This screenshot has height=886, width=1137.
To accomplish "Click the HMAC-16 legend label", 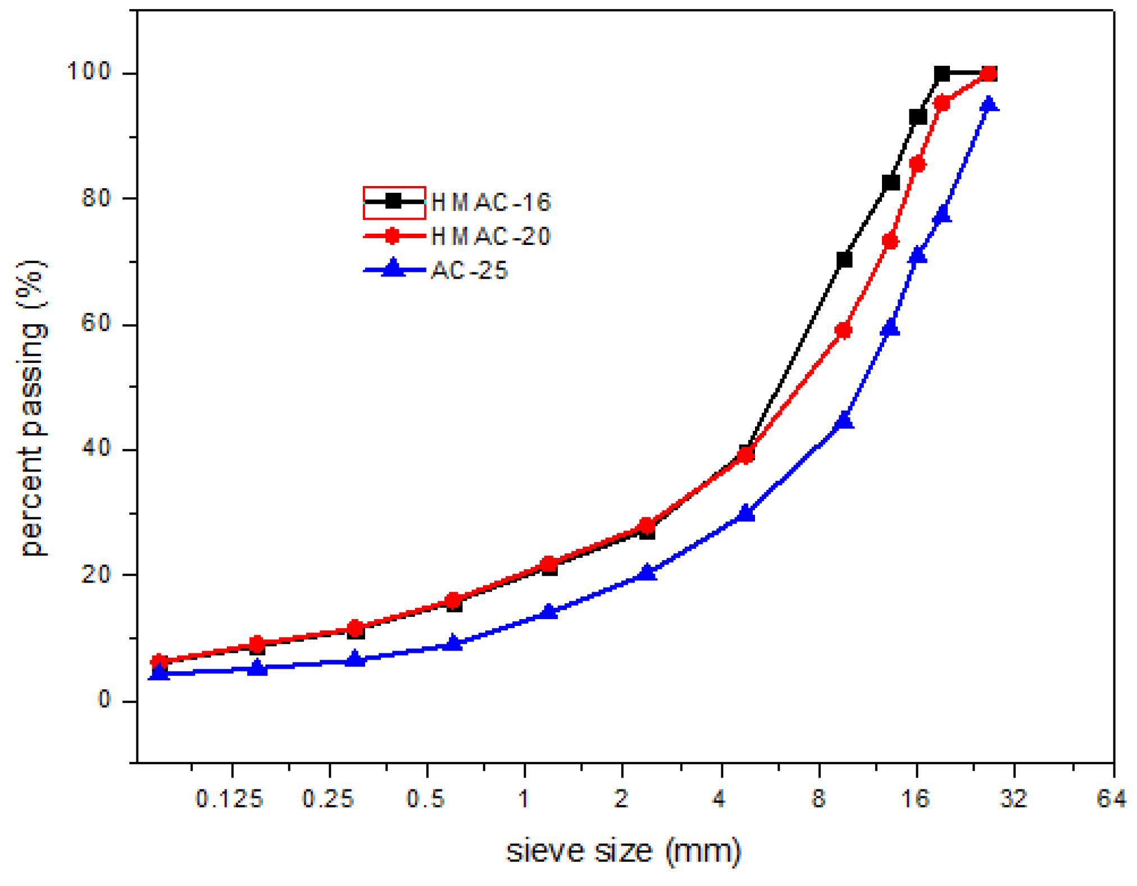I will point(491,203).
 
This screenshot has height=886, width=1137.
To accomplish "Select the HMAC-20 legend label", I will point(491,237).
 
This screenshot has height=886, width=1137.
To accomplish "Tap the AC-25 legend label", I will point(470,271).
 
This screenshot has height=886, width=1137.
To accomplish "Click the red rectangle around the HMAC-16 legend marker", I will point(394,202).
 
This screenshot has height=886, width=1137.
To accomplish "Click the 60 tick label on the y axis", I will point(95,324).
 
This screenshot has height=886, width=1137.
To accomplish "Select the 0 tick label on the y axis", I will point(103,700).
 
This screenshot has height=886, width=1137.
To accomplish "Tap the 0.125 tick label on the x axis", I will point(229,798).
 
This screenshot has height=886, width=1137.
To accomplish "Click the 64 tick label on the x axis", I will point(1111,798).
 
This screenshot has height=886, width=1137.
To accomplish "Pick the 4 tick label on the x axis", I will point(719,798).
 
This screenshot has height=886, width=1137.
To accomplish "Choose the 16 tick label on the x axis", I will point(915,798).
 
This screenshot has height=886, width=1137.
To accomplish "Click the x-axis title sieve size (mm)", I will point(624,851).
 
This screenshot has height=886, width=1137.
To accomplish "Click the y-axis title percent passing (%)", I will point(33,408).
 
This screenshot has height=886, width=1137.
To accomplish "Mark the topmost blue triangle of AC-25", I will point(989,104).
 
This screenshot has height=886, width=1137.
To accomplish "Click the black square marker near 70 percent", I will point(844,260).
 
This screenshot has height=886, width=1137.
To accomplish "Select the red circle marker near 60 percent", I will point(843,330).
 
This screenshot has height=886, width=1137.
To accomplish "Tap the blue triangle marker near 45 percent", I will point(844,420).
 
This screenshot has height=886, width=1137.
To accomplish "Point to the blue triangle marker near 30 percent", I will point(746,513).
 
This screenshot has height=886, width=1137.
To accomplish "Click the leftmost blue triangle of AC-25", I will point(160,672).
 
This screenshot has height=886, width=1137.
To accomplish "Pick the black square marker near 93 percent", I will point(917,117).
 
